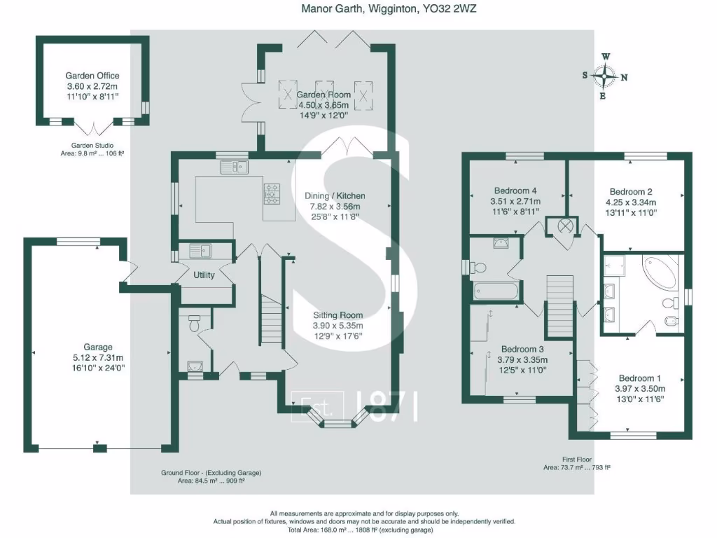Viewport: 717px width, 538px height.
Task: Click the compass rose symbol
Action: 604,76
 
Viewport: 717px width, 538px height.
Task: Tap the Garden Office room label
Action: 92,76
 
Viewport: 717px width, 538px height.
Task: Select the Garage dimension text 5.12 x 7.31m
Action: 98,357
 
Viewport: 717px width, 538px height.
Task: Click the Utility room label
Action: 204,275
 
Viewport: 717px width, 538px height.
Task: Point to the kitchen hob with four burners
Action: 272,193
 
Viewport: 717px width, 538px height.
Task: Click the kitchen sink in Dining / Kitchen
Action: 234,167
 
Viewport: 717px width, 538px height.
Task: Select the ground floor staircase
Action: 272,319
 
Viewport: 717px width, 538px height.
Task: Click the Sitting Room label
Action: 338,315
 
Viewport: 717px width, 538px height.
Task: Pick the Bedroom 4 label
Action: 515,191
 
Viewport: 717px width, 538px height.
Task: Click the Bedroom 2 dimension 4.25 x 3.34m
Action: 631,202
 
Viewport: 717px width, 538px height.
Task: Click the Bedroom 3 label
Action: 522,349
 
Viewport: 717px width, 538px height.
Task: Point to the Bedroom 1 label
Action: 640,378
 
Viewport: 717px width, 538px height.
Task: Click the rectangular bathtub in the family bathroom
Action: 496,291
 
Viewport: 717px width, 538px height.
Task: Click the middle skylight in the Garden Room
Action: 325,95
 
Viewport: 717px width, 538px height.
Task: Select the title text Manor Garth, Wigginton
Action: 359,8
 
